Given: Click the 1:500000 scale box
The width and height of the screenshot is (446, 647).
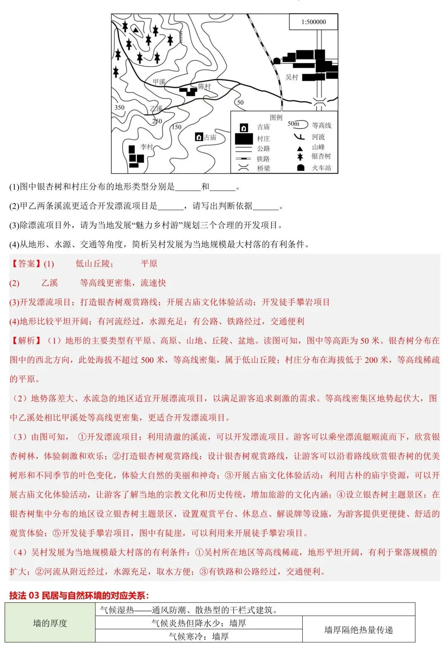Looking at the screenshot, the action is point(313,22).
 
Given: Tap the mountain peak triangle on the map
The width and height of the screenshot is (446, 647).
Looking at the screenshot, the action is point(135,29).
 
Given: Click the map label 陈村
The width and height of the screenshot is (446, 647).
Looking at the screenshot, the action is point(204,86).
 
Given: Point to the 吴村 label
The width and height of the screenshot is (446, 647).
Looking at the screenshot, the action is point(292,77).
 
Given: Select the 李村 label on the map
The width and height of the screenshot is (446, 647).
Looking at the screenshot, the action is point(147,146).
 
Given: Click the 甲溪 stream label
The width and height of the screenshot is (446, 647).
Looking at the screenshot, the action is point(159,82).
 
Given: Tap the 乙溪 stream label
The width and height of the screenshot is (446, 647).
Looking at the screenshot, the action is point(156,108).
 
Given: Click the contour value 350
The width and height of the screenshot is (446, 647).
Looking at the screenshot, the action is point(119,107).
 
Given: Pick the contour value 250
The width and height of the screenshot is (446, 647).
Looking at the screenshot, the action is point(157,121).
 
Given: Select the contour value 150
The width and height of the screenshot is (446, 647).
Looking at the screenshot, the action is point(176,127).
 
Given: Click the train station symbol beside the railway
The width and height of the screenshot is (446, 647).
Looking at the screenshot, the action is point(277,61).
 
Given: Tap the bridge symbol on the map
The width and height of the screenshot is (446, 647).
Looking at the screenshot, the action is point(319,102).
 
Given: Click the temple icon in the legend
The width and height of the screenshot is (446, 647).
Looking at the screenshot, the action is point(244,128).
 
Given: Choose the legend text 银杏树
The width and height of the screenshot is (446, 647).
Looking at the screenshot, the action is point(321,156).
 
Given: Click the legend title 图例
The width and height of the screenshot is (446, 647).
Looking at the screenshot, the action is point(276,118).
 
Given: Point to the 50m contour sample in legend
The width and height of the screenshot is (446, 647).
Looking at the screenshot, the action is point(297,124).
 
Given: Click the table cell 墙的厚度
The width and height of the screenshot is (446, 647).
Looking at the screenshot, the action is point(50,623).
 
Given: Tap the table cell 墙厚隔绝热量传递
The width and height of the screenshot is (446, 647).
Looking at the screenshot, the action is point(358,630).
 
